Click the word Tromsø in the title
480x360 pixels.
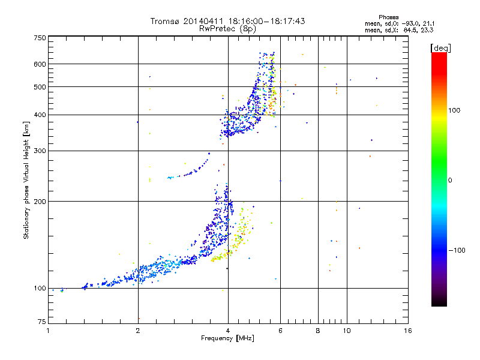point(164,21)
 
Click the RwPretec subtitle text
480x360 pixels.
point(217,28)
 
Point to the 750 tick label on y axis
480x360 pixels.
point(40,38)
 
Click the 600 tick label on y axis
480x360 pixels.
point(40,64)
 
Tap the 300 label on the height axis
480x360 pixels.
point(40,151)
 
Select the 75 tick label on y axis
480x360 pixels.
point(42,322)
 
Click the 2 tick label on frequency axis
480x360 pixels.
point(138,331)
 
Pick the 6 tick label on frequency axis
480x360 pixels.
point(280,331)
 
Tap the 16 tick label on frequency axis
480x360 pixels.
point(408,331)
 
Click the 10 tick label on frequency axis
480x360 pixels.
point(347,331)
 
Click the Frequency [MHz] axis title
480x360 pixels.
point(227,338)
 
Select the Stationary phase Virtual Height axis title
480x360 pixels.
point(26,181)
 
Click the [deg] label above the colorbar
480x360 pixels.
point(440,48)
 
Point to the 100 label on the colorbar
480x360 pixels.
point(454,110)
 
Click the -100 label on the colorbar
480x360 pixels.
point(457,250)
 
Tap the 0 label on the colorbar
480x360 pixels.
point(450,181)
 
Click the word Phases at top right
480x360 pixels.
point(388,17)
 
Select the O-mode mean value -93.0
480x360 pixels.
point(410,23)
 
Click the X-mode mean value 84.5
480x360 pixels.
point(411,30)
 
